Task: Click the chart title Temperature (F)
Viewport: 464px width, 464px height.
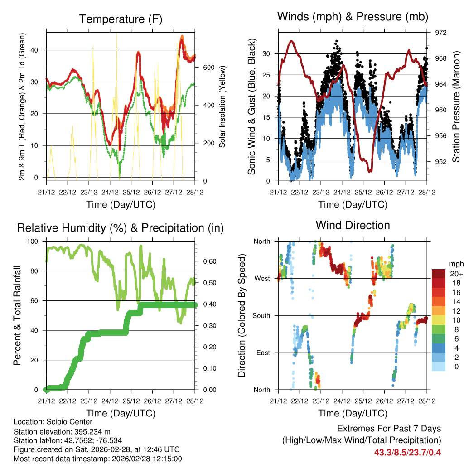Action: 121,19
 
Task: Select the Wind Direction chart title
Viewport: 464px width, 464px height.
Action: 353,225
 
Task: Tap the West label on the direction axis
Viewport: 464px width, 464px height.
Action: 262,278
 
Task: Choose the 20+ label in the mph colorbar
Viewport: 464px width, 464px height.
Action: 456,274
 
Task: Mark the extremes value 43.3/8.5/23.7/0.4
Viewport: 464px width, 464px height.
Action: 407,452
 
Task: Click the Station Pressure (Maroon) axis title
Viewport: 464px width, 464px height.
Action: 456,107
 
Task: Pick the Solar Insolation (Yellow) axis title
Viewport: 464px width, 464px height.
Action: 222,107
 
